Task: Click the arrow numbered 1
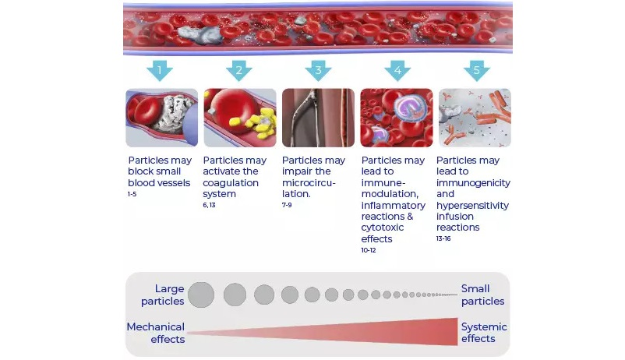[x=160, y=71]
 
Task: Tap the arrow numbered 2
[x=238, y=71]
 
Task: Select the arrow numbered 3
[x=318, y=71]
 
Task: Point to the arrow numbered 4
[x=397, y=71]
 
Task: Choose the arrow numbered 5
[x=477, y=71]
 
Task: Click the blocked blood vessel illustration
[x=162, y=118]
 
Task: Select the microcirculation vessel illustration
[x=318, y=118]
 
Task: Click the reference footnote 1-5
[x=132, y=194]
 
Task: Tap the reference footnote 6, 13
[x=209, y=205]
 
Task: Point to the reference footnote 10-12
[x=369, y=250]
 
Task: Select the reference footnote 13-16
[x=443, y=238]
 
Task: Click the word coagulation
[x=231, y=183]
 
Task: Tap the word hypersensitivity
[x=472, y=205]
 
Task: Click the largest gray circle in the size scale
[x=201, y=295]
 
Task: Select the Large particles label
[x=163, y=295]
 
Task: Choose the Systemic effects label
[x=484, y=333]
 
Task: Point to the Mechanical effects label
[x=156, y=333]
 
